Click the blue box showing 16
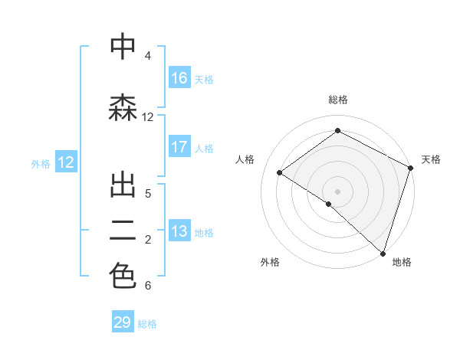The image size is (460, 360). coord(179,78)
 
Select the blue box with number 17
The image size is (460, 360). coord(179,147)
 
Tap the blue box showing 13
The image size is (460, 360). coord(179,231)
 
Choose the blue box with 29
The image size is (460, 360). coord(123,322)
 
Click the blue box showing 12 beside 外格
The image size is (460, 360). coord(65,162)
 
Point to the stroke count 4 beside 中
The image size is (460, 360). coord(148,56)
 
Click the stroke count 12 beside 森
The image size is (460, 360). coord(148,117)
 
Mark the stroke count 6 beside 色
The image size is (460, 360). coord(148,286)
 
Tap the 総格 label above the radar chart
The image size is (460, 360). coord(337,100)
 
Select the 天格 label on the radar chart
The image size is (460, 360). coord(431,159)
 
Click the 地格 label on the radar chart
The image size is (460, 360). coord(402,262)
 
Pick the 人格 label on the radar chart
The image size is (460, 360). coord(245,159)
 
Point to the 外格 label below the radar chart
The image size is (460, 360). coord(270,262)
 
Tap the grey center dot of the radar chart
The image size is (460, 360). coord(337,191)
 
